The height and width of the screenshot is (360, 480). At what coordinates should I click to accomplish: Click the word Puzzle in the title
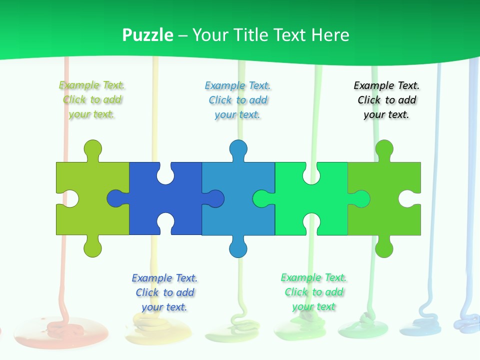[x=148, y=35]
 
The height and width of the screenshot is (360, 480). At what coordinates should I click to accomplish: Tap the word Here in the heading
[x=329, y=35]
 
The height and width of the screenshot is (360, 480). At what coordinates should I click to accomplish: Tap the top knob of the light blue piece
[x=238, y=149]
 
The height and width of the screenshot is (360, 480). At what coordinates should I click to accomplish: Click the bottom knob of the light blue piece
[x=238, y=248]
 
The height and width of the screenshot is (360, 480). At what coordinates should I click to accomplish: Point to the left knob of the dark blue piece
[x=116, y=198]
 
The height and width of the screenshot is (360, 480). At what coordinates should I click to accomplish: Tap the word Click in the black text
[x=369, y=100]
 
